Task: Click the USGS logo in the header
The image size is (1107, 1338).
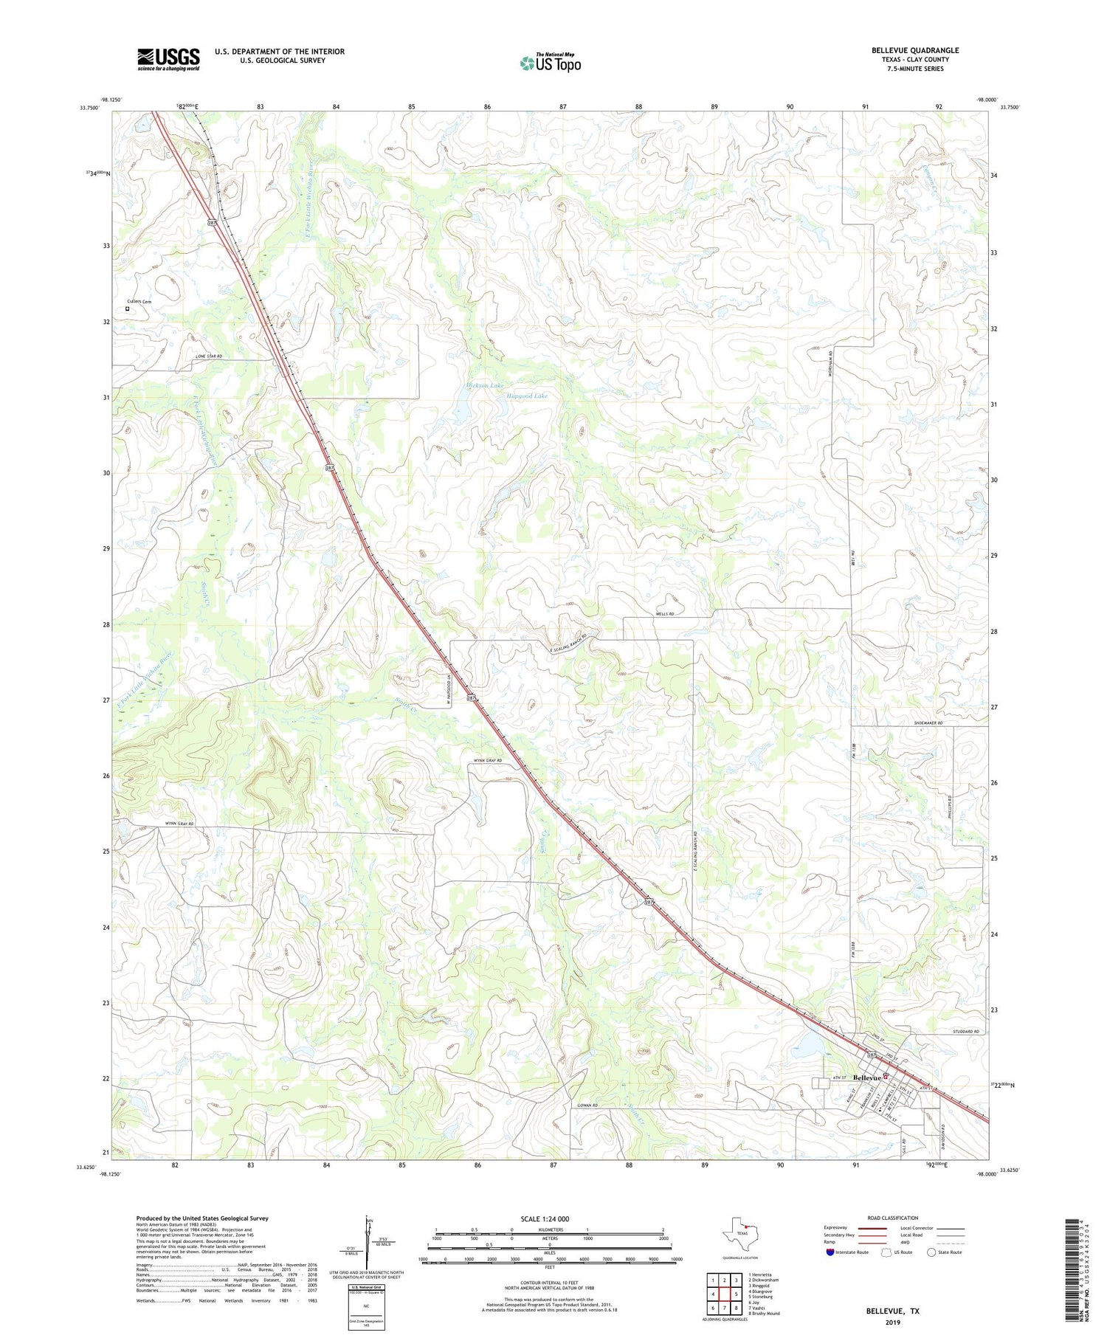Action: click(x=168, y=59)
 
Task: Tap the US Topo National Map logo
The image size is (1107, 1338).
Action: click(x=550, y=63)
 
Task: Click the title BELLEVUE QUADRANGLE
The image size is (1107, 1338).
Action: click(x=914, y=50)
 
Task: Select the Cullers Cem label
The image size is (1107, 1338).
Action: click(x=138, y=302)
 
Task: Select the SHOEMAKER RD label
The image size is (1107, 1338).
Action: click(x=928, y=723)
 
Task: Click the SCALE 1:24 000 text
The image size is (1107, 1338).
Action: click(x=549, y=1218)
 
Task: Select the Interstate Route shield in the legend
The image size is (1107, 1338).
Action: click(x=830, y=1252)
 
